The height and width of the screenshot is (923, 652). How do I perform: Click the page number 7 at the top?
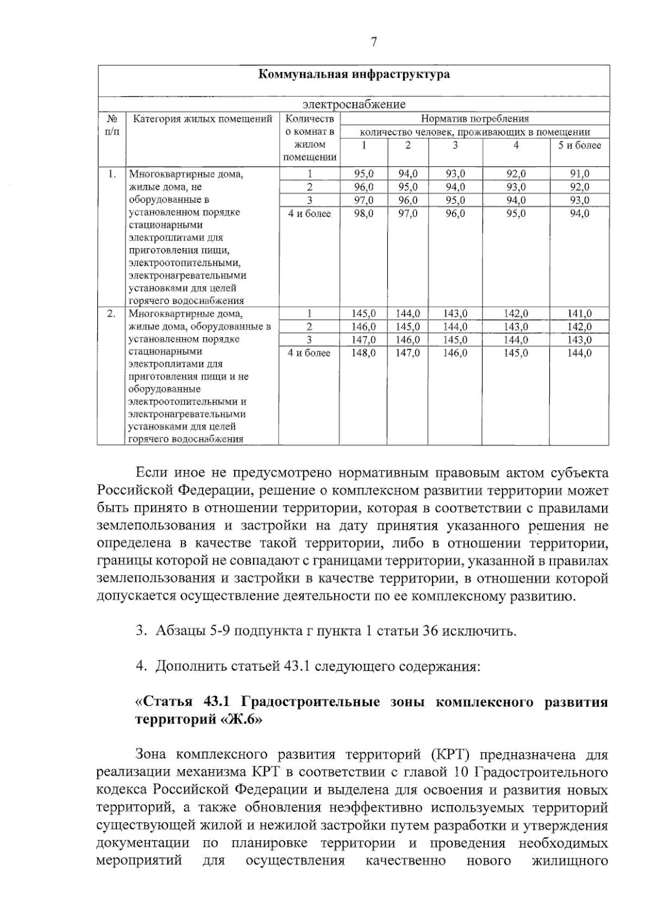pos(373,42)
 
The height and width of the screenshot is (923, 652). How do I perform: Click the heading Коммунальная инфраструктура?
pos(353,75)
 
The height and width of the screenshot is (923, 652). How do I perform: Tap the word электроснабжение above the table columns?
pos(354,104)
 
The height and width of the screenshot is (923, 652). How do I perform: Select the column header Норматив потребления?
pos(474,119)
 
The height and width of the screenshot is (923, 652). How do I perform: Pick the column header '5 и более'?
pos(579,145)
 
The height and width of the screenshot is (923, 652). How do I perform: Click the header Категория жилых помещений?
pos(203,119)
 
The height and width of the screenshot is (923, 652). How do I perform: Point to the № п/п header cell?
pos(111,125)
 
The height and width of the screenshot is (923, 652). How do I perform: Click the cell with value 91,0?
pos(579,174)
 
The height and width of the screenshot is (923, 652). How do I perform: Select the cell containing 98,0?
pos(363,214)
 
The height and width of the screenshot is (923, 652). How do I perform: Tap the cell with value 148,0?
pos(363,353)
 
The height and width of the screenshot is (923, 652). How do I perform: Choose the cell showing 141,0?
pos(579,314)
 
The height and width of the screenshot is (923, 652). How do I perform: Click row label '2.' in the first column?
pos(111,314)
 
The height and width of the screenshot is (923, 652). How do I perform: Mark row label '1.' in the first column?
pos(111,174)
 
